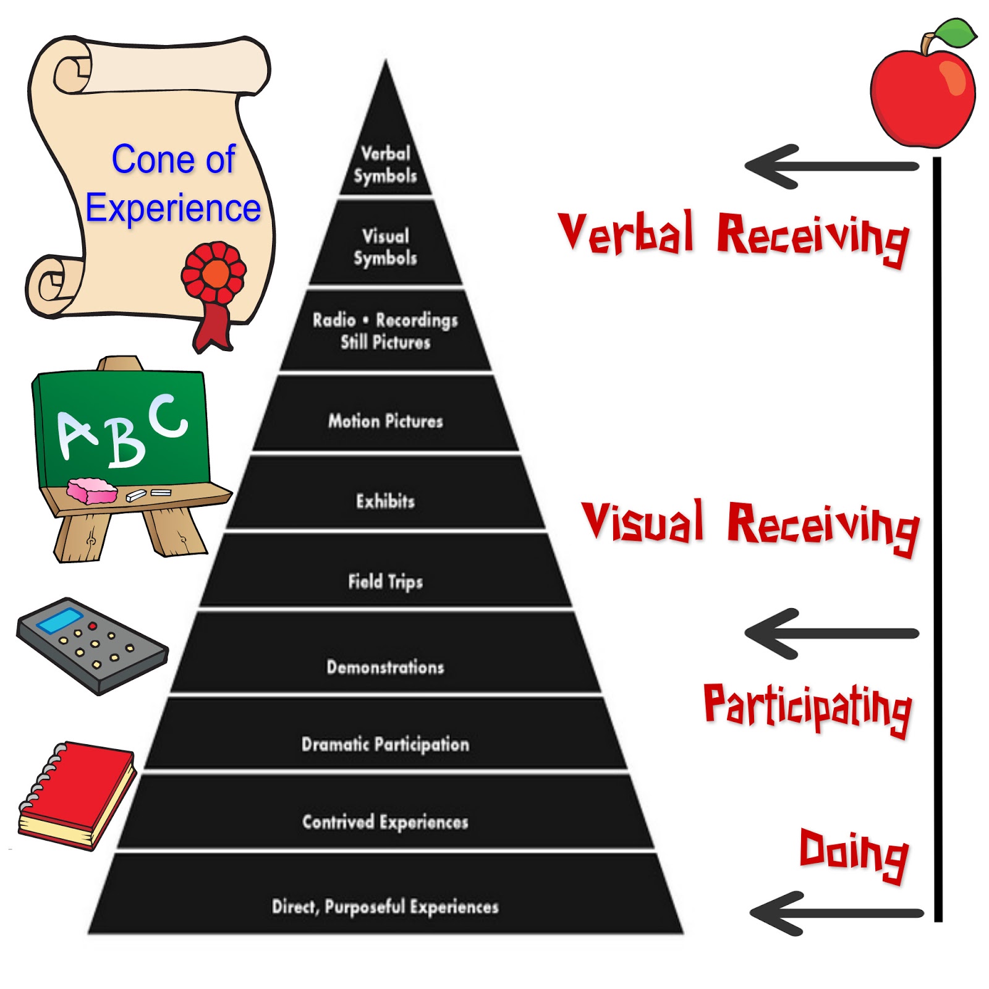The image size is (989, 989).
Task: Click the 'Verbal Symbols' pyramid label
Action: [385, 164]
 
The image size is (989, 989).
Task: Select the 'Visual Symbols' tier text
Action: [385, 247]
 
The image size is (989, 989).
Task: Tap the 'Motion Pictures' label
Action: [385, 421]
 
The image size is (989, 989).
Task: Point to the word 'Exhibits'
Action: [385, 501]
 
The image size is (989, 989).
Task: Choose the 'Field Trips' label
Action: [385, 581]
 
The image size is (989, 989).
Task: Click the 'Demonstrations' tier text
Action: [385, 667]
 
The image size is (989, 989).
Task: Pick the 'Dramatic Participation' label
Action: [385, 744]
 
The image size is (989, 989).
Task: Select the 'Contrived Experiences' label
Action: [385, 821]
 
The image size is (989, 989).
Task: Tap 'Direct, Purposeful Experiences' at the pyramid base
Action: [385, 907]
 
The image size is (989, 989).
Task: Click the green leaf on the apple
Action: [955, 32]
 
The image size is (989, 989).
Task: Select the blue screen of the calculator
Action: [60, 620]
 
